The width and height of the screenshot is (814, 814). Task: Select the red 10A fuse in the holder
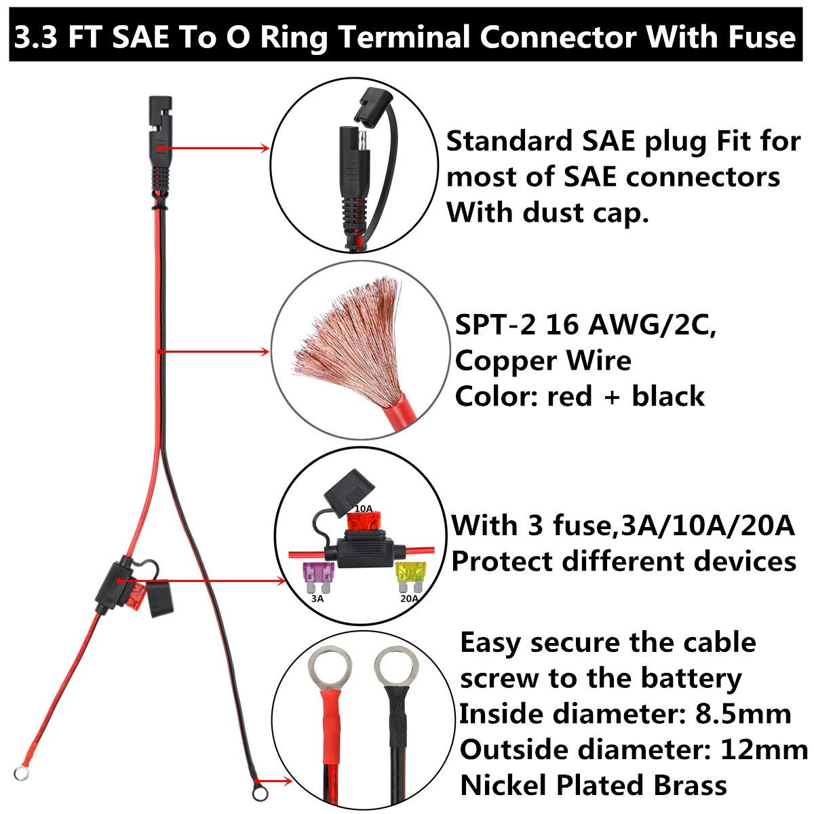click(x=362, y=522)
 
